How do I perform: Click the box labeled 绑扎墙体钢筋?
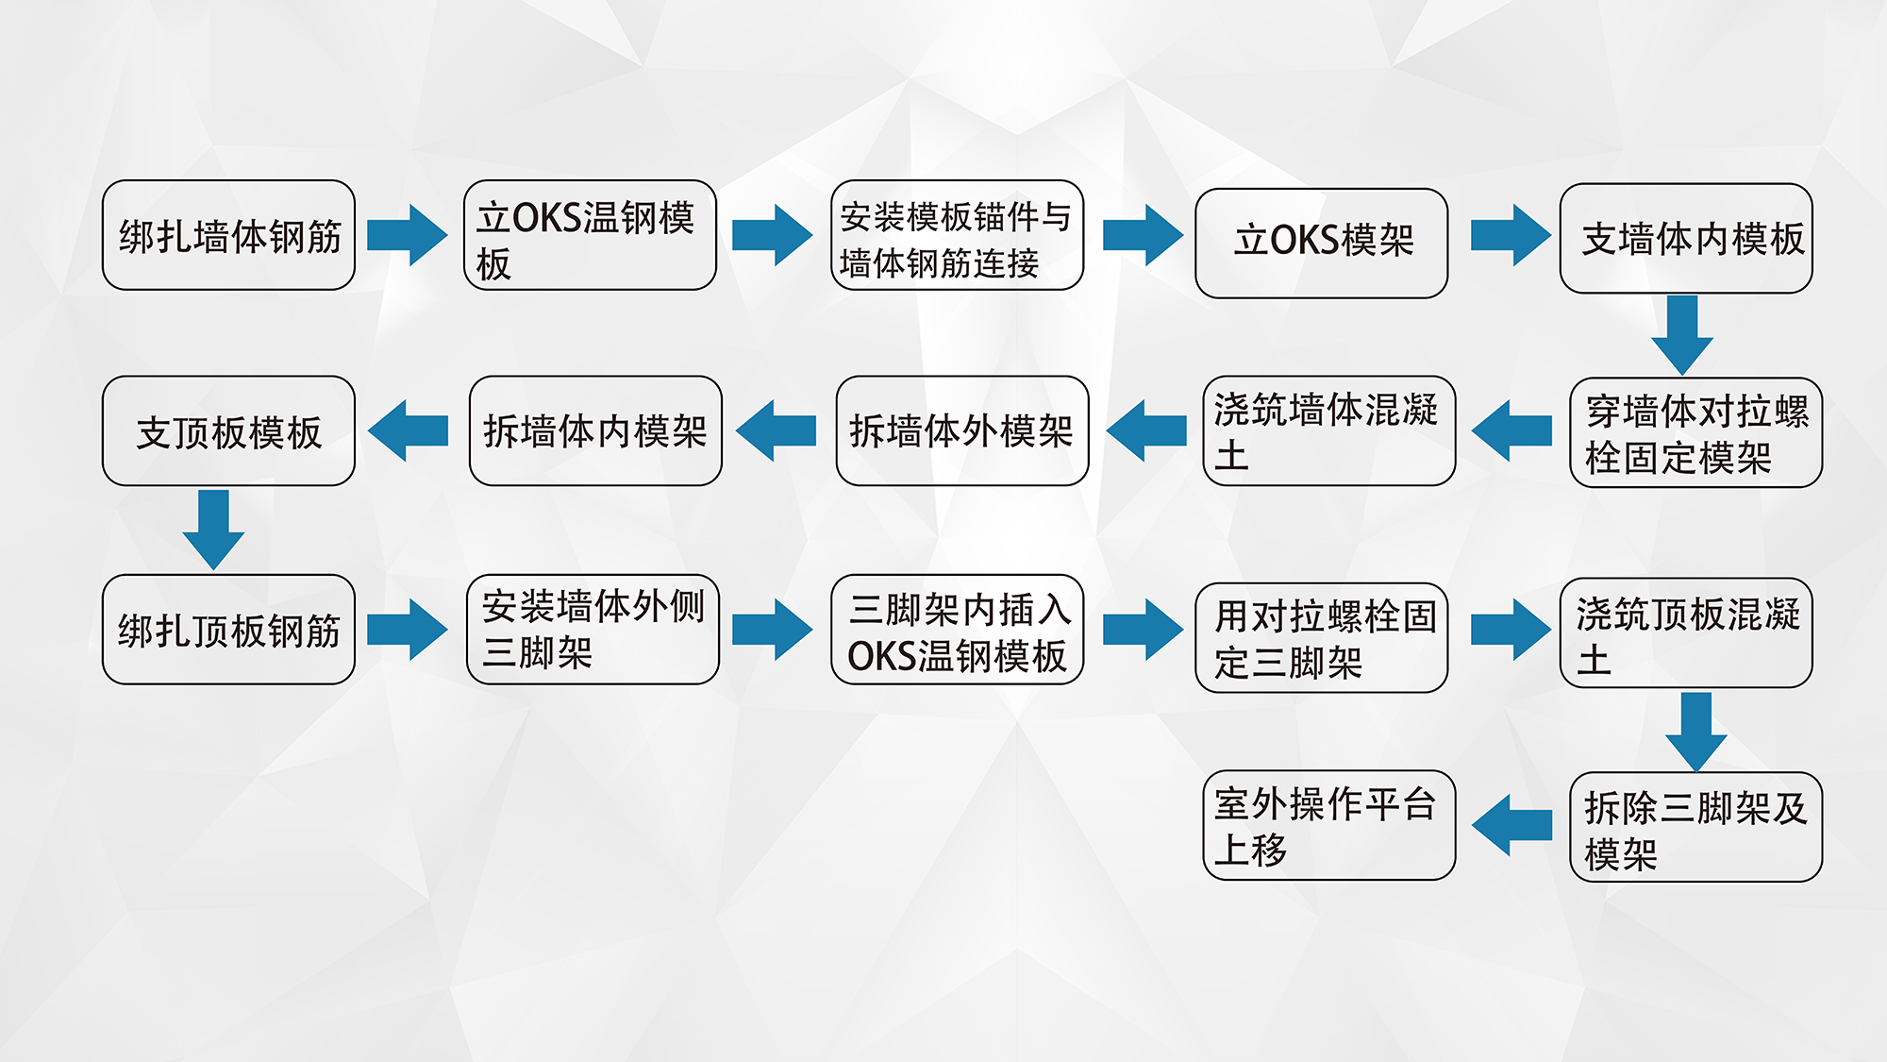pos(228,235)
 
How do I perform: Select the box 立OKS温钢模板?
pos(590,235)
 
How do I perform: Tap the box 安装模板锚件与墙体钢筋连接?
pos(957,235)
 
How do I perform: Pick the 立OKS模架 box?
pos(1321,243)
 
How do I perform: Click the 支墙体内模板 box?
pos(1686,238)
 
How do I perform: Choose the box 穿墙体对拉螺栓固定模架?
pos(1695,432)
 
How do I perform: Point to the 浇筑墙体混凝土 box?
pos(1328,430)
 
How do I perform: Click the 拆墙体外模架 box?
pos(962,430)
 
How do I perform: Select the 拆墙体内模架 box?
pos(595,430)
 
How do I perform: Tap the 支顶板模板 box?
pos(228,430)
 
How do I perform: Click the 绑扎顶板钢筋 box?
pos(228,629)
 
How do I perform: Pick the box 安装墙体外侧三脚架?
pos(593,629)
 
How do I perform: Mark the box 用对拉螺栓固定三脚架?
pos(1321,637)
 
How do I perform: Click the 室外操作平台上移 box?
pos(1328,825)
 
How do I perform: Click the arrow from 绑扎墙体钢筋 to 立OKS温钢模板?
pos(407,235)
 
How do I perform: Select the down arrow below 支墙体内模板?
pos(1682,334)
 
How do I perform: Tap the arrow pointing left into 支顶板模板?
pos(409,430)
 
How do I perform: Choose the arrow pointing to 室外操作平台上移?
pos(1512,825)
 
